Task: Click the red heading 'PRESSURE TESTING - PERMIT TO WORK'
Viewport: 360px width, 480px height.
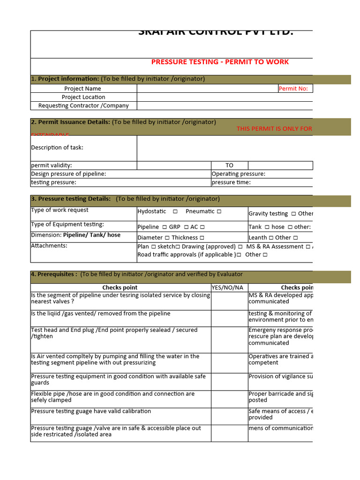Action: (220, 62)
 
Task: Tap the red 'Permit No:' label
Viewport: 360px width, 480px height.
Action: (293, 89)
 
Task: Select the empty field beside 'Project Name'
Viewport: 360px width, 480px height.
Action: (206, 89)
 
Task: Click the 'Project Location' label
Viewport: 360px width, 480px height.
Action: (83, 97)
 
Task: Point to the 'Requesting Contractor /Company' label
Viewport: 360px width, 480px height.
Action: (83, 105)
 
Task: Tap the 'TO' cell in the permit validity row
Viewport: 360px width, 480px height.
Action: (229, 165)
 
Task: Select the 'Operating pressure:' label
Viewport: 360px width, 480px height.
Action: (238, 174)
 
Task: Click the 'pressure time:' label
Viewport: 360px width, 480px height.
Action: (231, 182)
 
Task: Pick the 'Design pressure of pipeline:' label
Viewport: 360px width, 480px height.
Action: (68, 174)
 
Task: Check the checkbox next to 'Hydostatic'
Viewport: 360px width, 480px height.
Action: (175, 211)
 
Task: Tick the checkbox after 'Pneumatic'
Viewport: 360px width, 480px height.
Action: (219, 211)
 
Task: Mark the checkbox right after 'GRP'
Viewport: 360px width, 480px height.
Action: (186, 227)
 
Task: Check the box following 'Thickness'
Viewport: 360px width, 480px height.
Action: (202, 238)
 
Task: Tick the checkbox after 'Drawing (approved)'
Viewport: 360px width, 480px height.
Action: (240, 247)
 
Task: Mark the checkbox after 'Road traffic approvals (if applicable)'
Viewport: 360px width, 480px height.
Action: (239, 255)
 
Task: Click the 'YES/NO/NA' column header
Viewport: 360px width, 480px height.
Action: (229, 287)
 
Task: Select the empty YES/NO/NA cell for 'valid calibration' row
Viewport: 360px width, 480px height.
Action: (229, 416)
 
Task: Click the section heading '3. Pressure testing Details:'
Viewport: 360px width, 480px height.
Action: (71, 199)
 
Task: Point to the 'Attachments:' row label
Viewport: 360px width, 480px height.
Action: (49, 246)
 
